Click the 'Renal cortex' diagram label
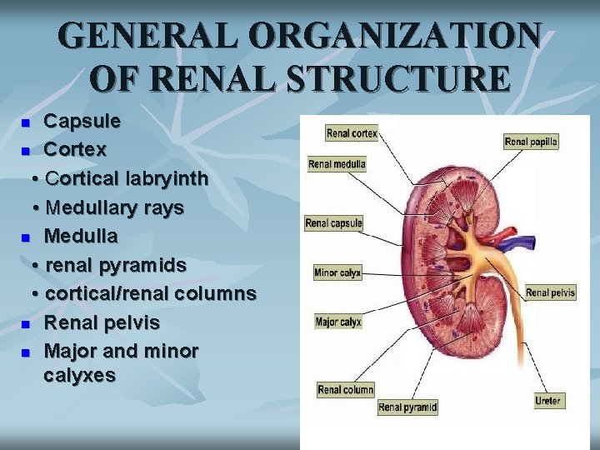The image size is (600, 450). pos(352,132)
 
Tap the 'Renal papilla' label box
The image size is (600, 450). pos(531,142)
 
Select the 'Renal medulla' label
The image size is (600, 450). pos(337,164)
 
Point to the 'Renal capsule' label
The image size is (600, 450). pos(333,222)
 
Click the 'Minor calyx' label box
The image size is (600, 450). pos(337,272)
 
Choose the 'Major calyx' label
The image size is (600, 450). pos(337,322)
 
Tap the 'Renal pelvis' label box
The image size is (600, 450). pos(550,292)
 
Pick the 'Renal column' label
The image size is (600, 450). pos(346,389)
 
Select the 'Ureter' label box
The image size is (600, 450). pos(547,401)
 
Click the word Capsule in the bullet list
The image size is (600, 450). pos(82,122)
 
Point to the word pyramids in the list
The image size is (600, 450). pos(140,265)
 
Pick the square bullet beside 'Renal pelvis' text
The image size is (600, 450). pos(26,323)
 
